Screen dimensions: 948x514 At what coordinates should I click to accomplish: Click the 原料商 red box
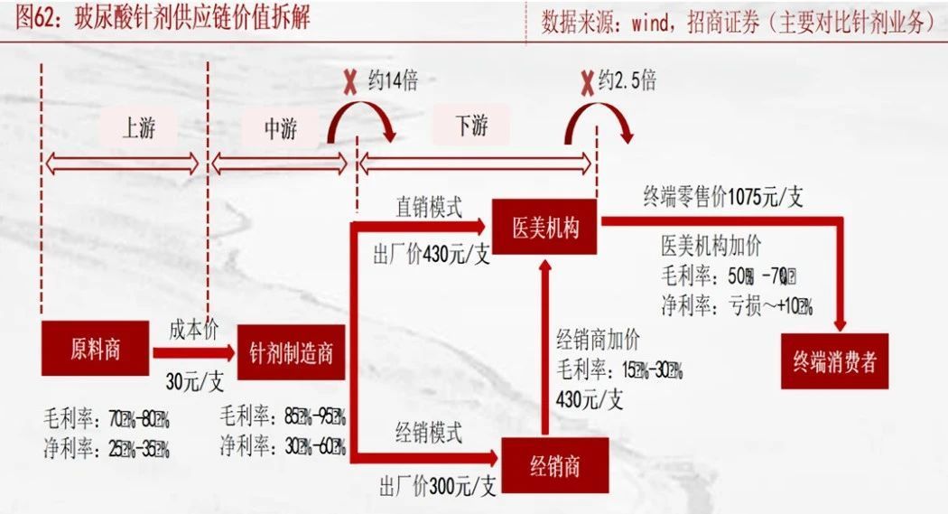pyautogui.click(x=95, y=348)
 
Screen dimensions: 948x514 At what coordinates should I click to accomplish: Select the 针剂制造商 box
pyautogui.click(x=291, y=352)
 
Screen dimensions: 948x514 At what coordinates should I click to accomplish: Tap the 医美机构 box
pyautogui.click(x=544, y=228)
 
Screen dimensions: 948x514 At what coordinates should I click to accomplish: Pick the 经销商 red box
pyautogui.click(x=554, y=466)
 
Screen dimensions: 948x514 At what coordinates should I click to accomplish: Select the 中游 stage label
pyautogui.click(x=280, y=129)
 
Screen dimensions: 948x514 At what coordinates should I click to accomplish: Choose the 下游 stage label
pyautogui.click(x=472, y=126)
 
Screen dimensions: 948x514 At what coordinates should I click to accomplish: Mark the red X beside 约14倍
pyautogui.click(x=349, y=82)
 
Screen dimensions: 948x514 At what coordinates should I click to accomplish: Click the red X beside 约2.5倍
pyautogui.click(x=587, y=82)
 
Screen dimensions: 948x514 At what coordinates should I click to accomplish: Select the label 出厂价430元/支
pyautogui.click(x=432, y=255)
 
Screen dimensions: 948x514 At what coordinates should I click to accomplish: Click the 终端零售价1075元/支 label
pyautogui.click(x=722, y=198)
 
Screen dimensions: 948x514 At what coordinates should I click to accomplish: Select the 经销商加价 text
pyautogui.click(x=598, y=341)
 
